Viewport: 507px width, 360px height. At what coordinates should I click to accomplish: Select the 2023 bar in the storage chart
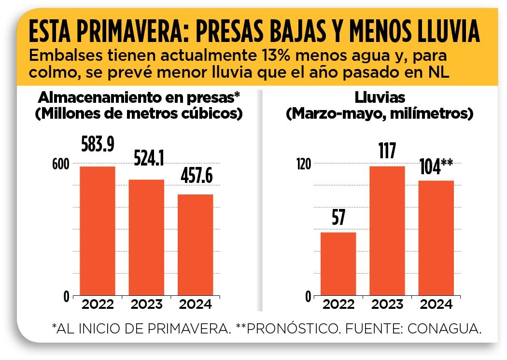(146, 237)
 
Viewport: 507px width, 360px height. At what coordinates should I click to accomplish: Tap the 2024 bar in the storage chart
(195, 245)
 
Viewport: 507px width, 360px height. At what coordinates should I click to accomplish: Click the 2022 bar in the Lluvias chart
(338, 264)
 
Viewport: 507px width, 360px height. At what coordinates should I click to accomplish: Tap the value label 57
(338, 218)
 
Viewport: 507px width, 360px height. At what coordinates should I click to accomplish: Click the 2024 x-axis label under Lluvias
(436, 305)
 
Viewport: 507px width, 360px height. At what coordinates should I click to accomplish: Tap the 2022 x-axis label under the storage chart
(97, 305)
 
